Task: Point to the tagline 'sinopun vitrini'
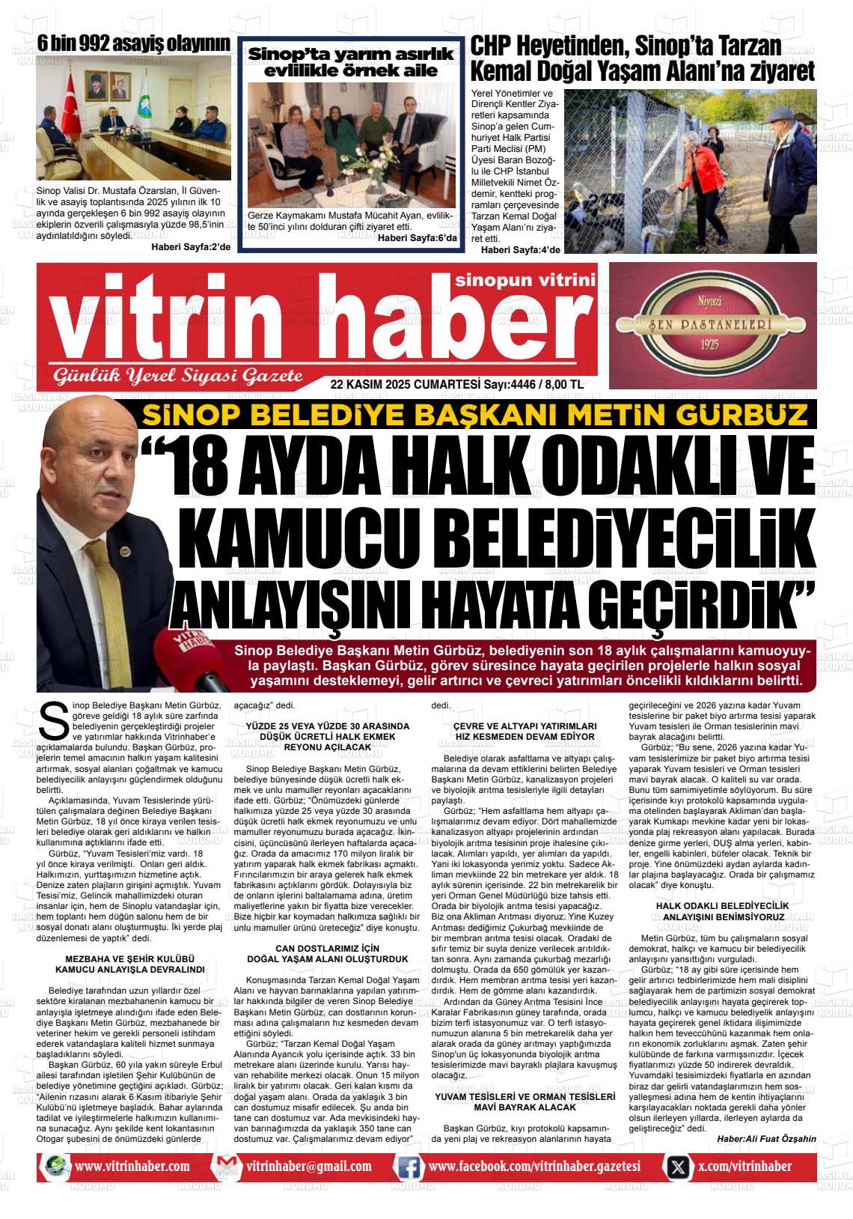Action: click(x=524, y=280)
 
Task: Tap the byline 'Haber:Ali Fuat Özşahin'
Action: click(x=766, y=1138)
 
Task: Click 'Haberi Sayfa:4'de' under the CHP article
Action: click(x=520, y=249)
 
